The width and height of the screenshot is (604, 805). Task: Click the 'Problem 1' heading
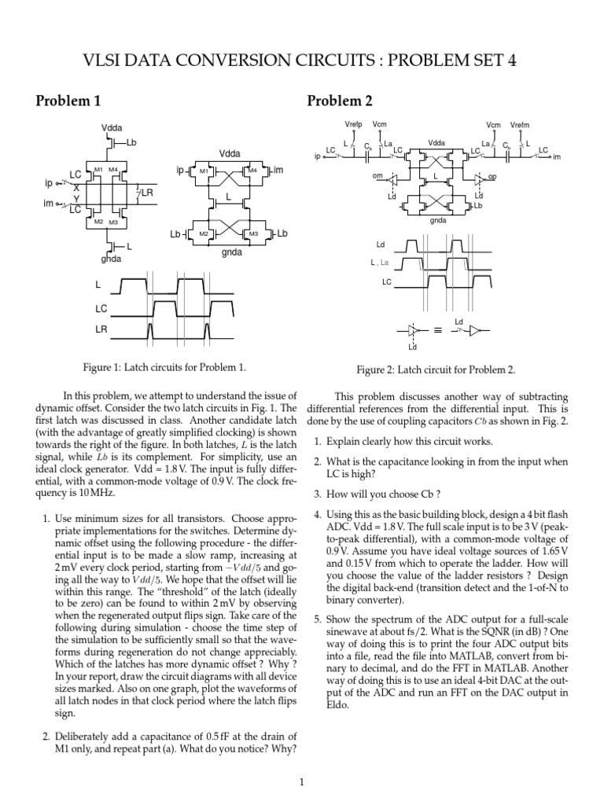click(x=68, y=100)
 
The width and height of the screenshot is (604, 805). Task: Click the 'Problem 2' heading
click(x=339, y=100)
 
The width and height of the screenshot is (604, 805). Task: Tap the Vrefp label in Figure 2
click(x=354, y=125)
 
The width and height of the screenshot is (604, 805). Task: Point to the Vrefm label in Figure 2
click(x=520, y=125)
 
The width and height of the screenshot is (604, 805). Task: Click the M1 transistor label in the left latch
click(x=98, y=170)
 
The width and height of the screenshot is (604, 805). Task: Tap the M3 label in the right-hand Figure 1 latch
click(x=253, y=234)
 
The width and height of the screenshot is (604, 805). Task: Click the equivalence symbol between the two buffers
click(x=437, y=330)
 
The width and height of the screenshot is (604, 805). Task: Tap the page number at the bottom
click(x=302, y=781)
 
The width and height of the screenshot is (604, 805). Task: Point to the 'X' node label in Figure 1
click(x=76, y=188)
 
